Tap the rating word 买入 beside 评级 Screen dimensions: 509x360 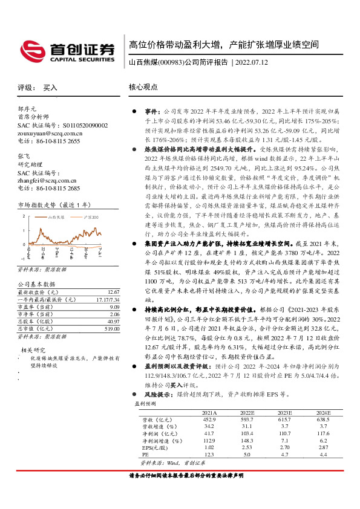(x=50, y=88)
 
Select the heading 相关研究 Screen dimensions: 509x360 (x=33, y=349)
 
